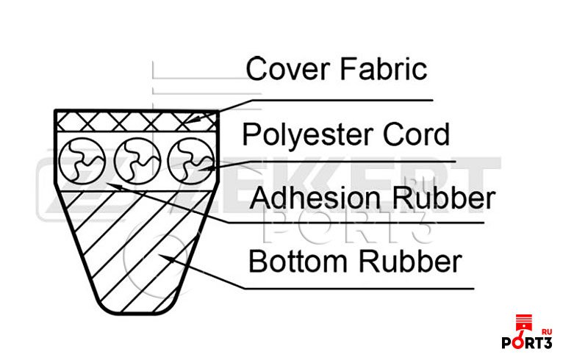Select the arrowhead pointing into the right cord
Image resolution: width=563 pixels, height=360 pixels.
(x=205, y=168)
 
